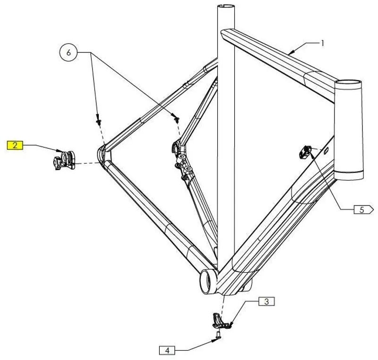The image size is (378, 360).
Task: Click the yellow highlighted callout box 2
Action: pos(15,146)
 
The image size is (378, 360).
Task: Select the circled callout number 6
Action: pos(69,52)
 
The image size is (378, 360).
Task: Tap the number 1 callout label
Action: pos(322,43)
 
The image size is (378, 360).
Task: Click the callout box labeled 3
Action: pos(266,301)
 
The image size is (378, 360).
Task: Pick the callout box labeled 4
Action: pos(166,351)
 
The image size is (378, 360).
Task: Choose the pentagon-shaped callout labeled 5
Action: pos(363,210)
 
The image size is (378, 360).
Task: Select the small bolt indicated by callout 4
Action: pos(218,335)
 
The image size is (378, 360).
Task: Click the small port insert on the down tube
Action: pos(305,152)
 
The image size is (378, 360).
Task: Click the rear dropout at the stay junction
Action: pos(103,154)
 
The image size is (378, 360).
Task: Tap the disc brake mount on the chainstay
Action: pos(182,161)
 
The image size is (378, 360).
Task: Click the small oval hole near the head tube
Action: pos(326,150)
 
